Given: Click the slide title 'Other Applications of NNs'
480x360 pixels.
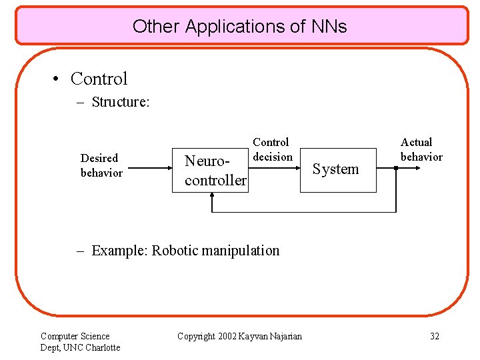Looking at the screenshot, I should pos(239,26).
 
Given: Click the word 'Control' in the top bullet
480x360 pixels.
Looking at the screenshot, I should pos(99,79).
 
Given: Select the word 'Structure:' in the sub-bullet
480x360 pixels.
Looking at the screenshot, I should pos(119,102).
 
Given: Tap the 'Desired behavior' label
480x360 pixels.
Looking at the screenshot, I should pos(101,165).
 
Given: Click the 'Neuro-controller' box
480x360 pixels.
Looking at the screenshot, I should pos(209,170).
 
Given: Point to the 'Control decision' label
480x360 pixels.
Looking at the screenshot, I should pos(271,149).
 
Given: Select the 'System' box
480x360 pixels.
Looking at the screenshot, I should pos(337,169).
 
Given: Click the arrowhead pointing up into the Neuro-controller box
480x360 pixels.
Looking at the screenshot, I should pos(211,196).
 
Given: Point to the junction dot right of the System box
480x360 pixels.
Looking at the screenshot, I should pos(396,168).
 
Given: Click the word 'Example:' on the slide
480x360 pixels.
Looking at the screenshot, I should pos(120,251).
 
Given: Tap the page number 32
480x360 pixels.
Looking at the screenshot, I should pos(434,336).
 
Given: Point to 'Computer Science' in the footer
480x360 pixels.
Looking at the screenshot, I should pos(75,336).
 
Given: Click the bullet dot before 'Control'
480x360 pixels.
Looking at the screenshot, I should pos(58,79).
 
